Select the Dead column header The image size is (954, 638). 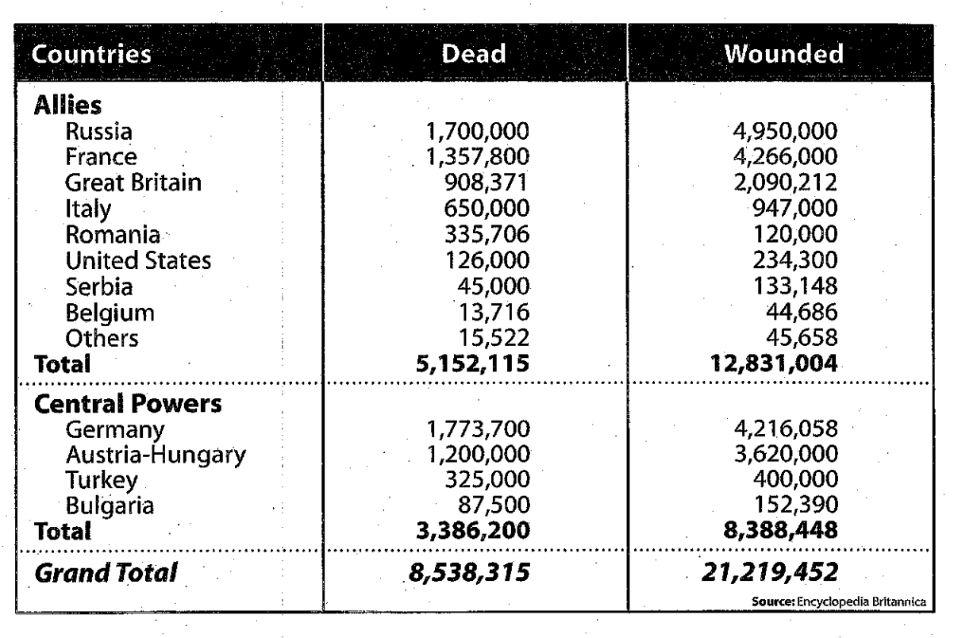473,57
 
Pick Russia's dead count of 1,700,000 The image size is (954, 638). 474,130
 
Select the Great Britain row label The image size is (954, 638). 132,183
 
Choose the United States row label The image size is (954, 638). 138,260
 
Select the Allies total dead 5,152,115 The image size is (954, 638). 474,364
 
